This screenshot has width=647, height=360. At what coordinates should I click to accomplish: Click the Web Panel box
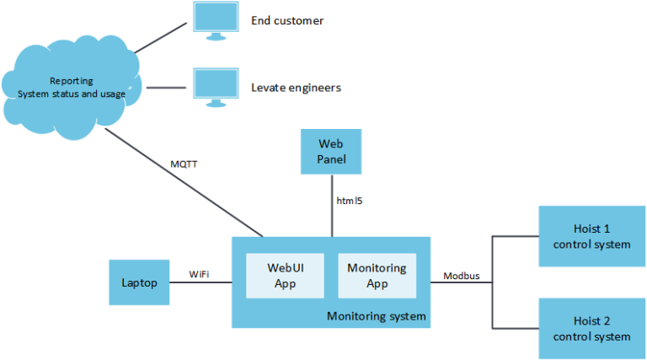click(330, 151)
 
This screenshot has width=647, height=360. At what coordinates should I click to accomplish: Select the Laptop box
click(139, 282)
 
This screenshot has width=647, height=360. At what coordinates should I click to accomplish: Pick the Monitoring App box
click(377, 276)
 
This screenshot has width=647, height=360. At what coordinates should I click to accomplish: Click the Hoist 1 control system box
click(591, 237)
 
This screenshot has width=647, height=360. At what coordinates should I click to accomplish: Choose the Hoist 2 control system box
click(591, 328)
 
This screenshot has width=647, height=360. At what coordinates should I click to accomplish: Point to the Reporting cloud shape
click(72, 88)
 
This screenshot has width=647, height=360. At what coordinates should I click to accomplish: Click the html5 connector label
click(350, 201)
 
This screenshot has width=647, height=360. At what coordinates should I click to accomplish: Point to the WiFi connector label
click(199, 274)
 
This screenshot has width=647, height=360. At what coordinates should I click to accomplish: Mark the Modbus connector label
click(462, 275)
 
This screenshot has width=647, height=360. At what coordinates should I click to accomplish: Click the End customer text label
click(286, 20)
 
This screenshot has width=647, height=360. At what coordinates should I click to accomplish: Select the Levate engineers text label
click(296, 87)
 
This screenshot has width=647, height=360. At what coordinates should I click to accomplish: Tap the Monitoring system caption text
click(376, 317)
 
